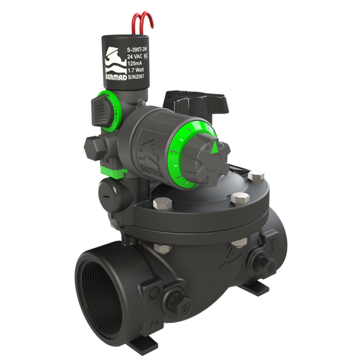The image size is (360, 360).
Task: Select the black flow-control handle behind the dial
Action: tap(207, 102)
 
